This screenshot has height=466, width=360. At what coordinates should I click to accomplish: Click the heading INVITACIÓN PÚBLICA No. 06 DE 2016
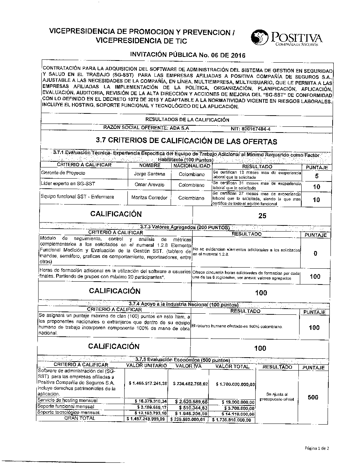[x=187, y=55]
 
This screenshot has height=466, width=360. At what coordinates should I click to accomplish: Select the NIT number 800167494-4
[x=251, y=129]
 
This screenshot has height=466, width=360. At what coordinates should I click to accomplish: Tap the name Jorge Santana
[x=149, y=174]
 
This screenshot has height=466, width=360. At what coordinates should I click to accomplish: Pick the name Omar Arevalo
[x=149, y=185]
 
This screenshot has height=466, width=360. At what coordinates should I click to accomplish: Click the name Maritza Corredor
[x=149, y=198]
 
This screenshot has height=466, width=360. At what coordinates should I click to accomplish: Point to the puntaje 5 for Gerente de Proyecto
[x=316, y=176]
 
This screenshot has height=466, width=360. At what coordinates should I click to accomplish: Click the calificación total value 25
[x=262, y=216]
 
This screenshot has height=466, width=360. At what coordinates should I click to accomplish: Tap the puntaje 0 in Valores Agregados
[x=315, y=254]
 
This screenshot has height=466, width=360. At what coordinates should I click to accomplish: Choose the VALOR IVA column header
[x=188, y=366]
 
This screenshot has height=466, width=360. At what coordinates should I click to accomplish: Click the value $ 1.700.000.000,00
[x=236, y=384]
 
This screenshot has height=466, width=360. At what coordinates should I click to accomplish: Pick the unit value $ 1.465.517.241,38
[x=148, y=384]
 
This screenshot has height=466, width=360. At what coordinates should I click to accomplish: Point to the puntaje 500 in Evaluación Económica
[x=313, y=397]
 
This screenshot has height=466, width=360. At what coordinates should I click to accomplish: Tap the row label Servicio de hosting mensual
[x=67, y=400]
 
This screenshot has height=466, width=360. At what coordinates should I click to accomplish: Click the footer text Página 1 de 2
[x=317, y=448]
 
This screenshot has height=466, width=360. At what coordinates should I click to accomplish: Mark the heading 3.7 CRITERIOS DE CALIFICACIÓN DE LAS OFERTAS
[x=186, y=141]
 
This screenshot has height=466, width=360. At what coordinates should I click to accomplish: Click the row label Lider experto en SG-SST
[x=68, y=184]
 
